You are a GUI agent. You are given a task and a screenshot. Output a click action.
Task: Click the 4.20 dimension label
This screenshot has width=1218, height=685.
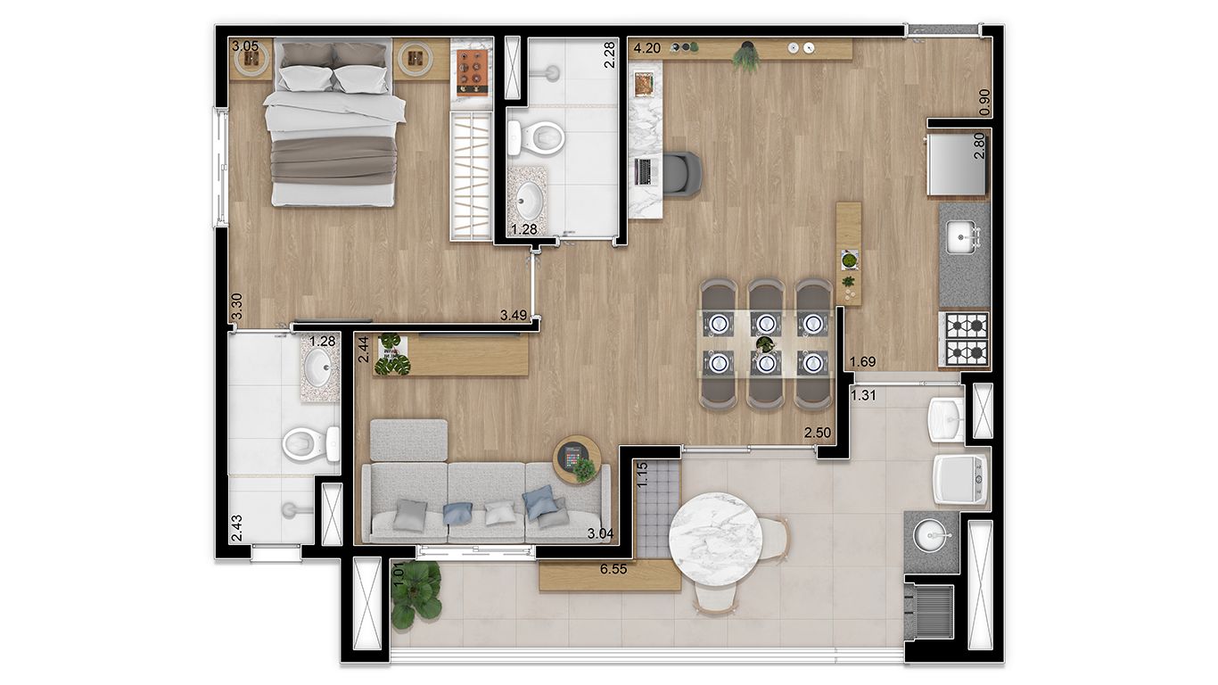click(647, 49)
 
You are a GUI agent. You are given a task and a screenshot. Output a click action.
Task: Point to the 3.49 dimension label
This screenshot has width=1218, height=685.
click(514, 315)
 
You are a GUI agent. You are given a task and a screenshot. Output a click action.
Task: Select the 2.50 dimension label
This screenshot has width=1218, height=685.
click(818, 433)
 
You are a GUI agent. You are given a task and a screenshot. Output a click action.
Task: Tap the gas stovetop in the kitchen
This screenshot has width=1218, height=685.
click(965, 338)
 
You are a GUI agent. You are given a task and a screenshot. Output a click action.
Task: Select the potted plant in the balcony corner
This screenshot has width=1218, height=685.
click(416, 593)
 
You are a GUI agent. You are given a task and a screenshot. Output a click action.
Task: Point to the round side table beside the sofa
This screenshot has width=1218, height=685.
click(577, 458)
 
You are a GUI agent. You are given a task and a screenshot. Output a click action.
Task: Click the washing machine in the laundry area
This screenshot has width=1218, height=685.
click(960, 480)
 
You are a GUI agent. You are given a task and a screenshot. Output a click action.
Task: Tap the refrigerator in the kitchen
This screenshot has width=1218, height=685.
click(957, 163)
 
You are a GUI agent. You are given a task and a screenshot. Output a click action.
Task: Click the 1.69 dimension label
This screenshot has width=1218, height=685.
click(862, 362)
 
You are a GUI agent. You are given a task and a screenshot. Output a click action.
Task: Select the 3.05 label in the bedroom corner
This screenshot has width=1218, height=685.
click(245, 46)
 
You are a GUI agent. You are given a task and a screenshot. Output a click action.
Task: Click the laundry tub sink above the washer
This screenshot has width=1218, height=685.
click(945, 415)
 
